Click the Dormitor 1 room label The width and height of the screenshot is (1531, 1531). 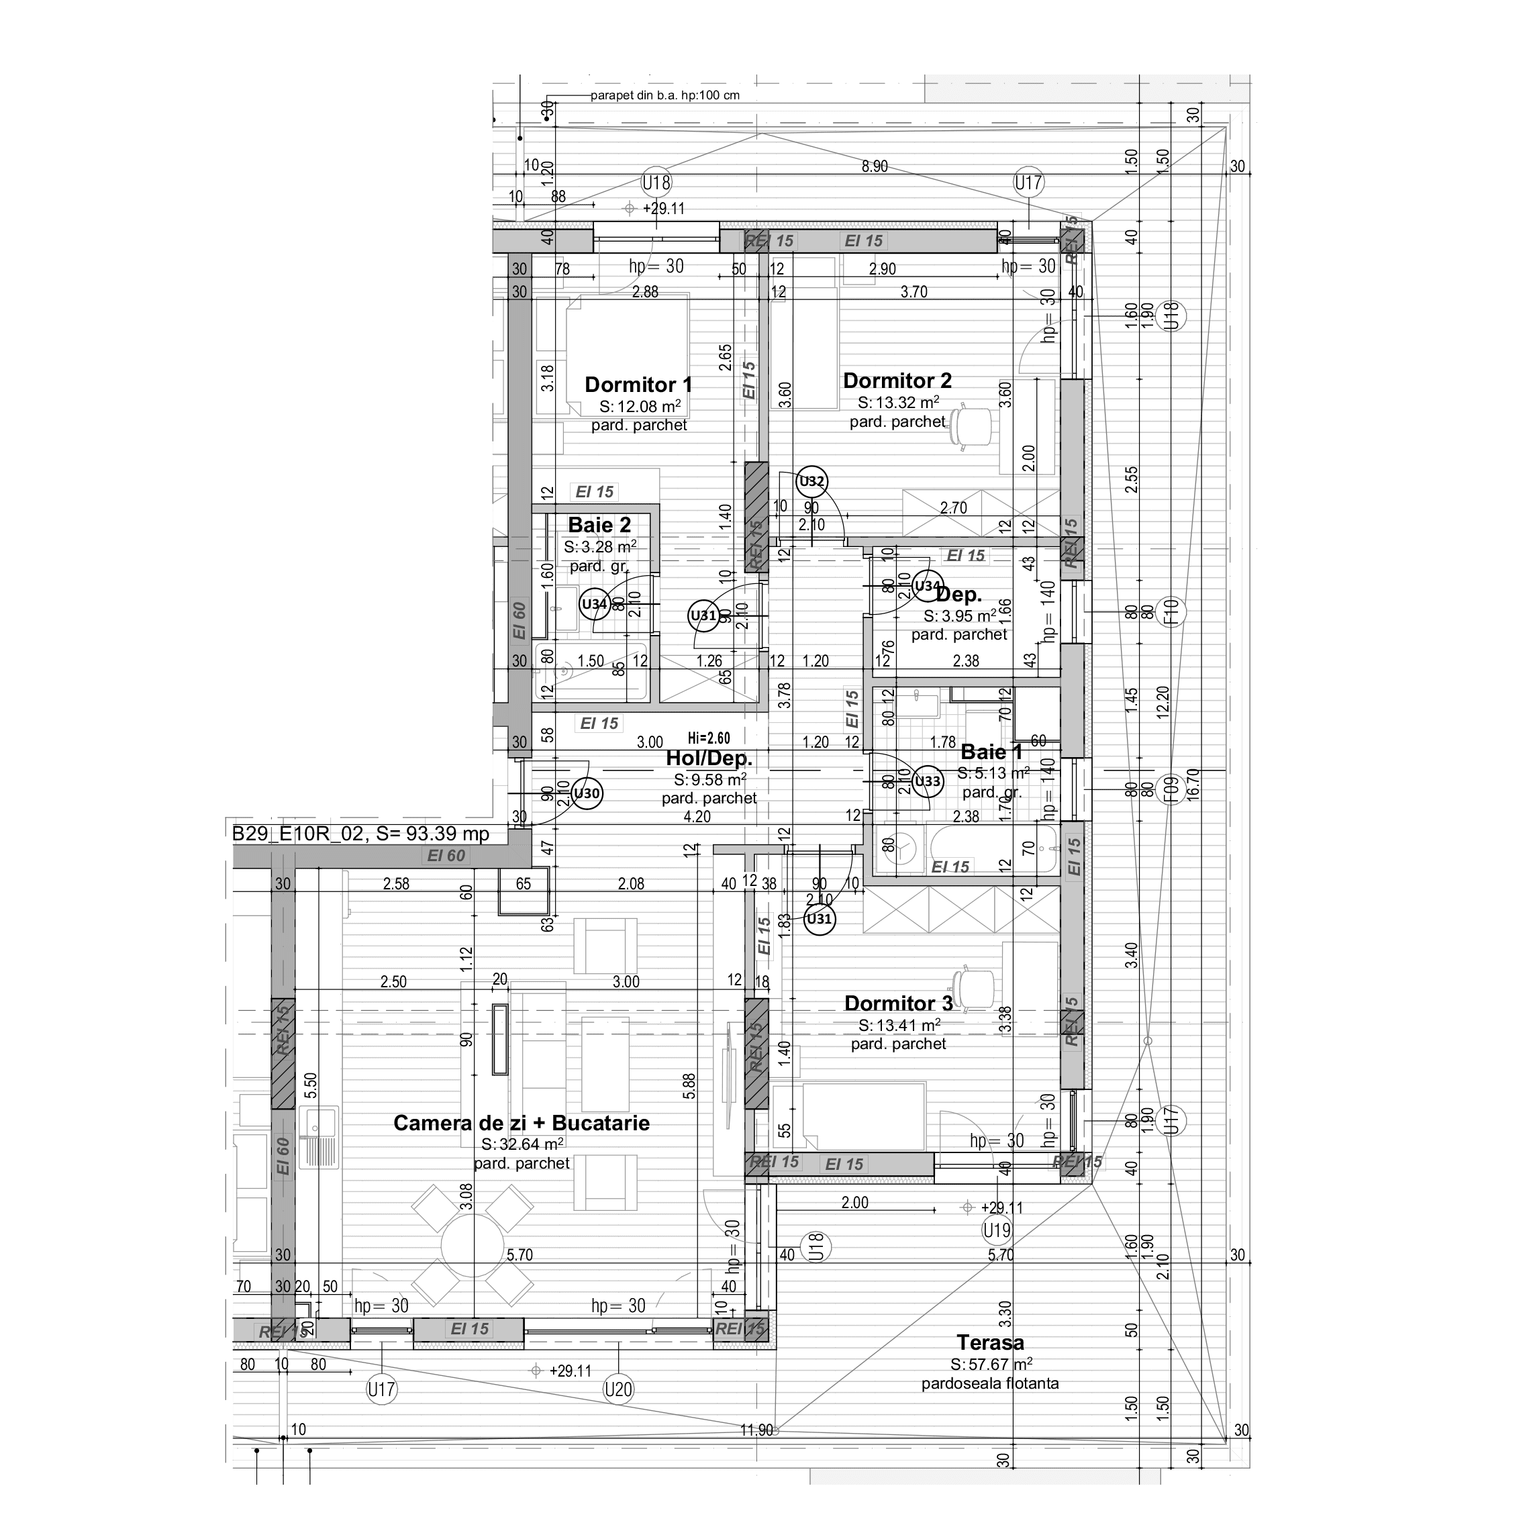pyautogui.click(x=638, y=385)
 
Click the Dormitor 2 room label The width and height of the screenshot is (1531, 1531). pyautogui.click(x=897, y=381)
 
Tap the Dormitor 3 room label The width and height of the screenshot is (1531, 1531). pyautogui.click(x=898, y=1003)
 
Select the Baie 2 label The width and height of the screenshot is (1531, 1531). pyautogui.click(x=599, y=526)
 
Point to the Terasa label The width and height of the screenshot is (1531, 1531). pyautogui.click(x=990, y=1342)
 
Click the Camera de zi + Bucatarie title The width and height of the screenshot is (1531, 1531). pyautogui.click(x=522, y=1123)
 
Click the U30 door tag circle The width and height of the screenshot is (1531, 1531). pyautogui.click(x=587, y=793)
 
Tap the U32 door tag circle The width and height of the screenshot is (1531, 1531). pyautogui.click(x=812, y=481)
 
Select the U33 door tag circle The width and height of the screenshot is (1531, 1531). pyautogui.click(x=927, y=781)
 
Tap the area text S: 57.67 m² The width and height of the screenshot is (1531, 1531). pyautogui.click(x=991, y=1364)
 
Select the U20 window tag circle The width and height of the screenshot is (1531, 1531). pyautogui.click(x=618, y=1388)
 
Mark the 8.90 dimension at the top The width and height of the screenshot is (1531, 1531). pyautogui.click(x=875, y=166)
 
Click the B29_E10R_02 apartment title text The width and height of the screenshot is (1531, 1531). pyautogui.click(x=361, y=834)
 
